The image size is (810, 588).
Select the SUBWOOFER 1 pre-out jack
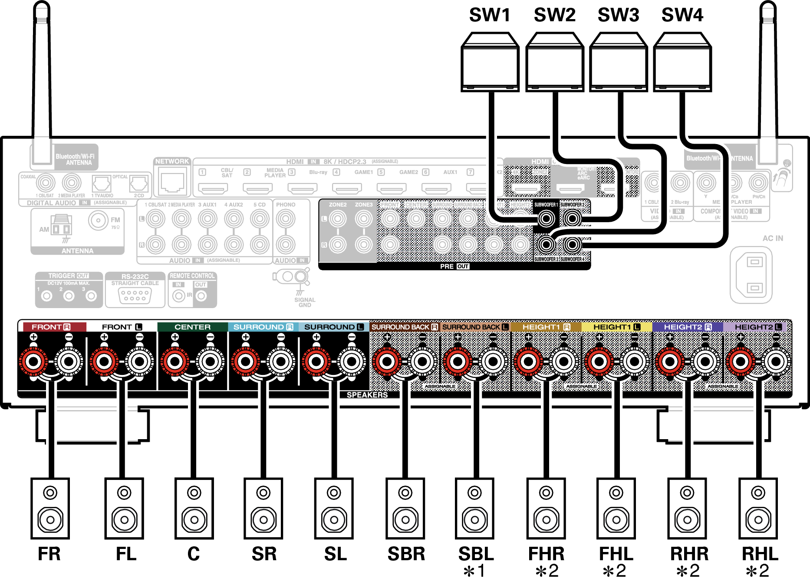[546, 218]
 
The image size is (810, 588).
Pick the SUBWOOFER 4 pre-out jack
[572, 245]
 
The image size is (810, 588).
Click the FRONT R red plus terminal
[33, 361]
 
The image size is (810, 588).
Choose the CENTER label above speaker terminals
[192, 327]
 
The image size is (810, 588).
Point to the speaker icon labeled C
[194, 508]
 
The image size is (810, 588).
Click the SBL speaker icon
[474, 508]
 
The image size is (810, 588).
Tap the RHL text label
[760, 554]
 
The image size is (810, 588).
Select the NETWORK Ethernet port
[172, 182]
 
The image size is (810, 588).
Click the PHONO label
[286, 204]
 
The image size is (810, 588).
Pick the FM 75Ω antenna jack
[99, 220]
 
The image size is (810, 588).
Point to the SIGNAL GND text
[305, 302]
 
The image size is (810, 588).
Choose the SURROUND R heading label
[263, 327]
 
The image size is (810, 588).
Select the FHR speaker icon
[546, 508]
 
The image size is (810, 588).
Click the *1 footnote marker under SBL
[475, 571]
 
